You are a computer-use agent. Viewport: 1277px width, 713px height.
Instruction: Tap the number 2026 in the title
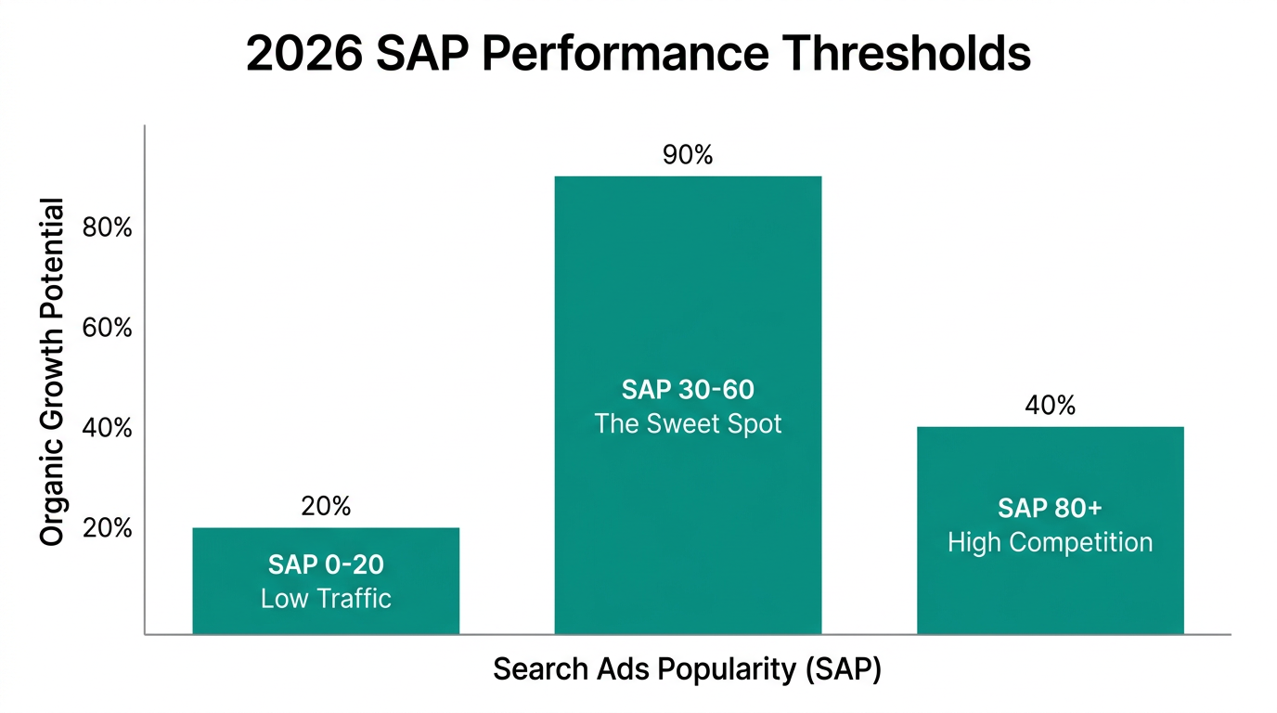304,54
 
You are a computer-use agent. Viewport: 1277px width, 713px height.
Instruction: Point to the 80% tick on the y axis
108,227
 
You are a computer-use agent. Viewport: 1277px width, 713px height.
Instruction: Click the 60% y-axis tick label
108,328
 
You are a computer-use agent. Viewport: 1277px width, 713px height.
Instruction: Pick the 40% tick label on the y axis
108,428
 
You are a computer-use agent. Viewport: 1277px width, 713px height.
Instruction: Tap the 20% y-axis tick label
108,528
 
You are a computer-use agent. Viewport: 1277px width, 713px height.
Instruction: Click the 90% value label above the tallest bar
688,155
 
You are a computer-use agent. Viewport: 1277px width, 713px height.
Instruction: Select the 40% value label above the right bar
1050,406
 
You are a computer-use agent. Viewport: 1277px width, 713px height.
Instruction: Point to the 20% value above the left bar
326,506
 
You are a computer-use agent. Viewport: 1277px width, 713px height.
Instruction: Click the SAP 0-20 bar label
326,564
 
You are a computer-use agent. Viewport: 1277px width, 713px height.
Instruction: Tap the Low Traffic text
326,598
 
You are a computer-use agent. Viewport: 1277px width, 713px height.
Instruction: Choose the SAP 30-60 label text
688,390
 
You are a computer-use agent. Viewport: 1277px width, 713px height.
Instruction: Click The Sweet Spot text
688,424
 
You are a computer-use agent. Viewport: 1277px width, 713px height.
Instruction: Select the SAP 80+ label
1050,508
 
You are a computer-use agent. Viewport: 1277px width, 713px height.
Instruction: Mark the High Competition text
1050,542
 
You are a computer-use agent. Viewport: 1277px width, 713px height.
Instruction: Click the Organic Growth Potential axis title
53,371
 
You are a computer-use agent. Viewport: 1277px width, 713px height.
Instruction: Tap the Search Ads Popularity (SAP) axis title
687,669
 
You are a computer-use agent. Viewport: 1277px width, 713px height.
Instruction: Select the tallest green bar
688,279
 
